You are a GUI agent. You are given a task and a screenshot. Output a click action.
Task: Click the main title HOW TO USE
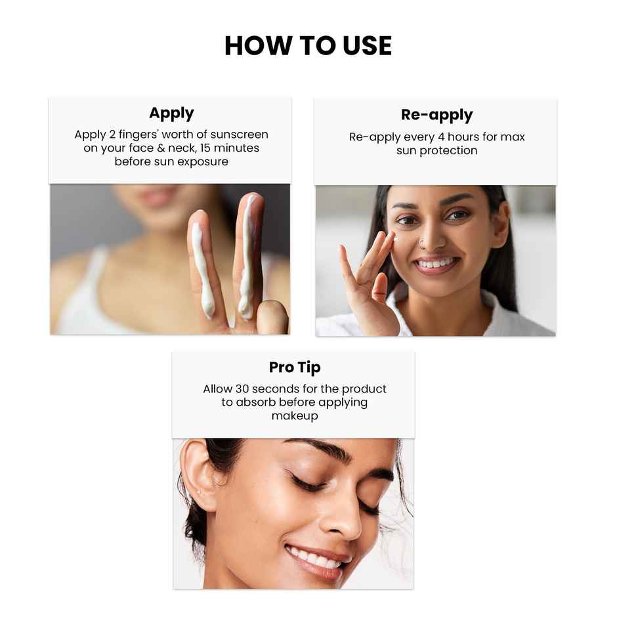[x=308, y=45]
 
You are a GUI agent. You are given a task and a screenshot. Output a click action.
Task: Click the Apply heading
[x=171, y=113]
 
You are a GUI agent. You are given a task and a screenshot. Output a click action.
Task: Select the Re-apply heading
[x=436, y=115]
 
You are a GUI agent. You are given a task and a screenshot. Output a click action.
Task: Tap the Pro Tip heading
[x=295, y=367]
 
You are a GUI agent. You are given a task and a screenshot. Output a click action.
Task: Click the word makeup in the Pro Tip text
[x=295, y=415]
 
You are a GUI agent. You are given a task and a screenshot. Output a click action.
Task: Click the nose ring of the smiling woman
[x=421, y=245]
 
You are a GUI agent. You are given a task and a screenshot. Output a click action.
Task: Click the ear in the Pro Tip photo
[x=198, y=476]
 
